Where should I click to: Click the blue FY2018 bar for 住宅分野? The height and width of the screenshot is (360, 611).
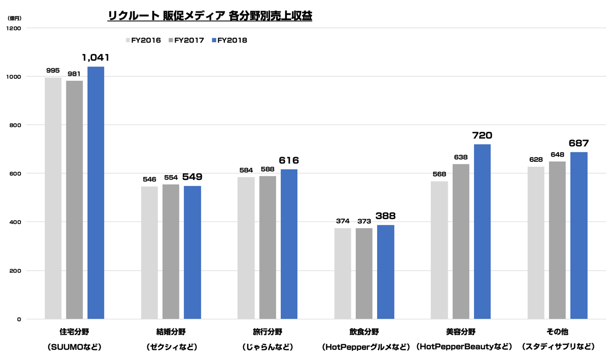[95, 193]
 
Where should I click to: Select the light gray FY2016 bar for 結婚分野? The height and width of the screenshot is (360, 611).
[149, 253]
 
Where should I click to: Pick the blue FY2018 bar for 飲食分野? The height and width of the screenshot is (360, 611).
[385, 272]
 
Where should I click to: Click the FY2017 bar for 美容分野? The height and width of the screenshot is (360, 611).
[461, 241]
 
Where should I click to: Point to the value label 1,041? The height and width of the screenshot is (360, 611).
[95, 58]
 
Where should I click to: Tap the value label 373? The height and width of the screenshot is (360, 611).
[364, 221]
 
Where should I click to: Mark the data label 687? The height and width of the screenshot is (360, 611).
[579, 143]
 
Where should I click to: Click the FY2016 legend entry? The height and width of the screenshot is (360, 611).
[143, 41]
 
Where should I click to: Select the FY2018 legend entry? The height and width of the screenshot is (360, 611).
[229, 41]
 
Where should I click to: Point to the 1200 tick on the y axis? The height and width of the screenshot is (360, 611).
[15, 28]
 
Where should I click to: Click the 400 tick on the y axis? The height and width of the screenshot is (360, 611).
[15, 222]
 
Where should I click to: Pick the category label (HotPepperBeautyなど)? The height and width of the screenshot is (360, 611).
[464, 346]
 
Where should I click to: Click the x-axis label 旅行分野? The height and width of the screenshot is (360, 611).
[267, 331]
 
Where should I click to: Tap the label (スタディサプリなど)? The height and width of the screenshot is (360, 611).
[558, 346]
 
